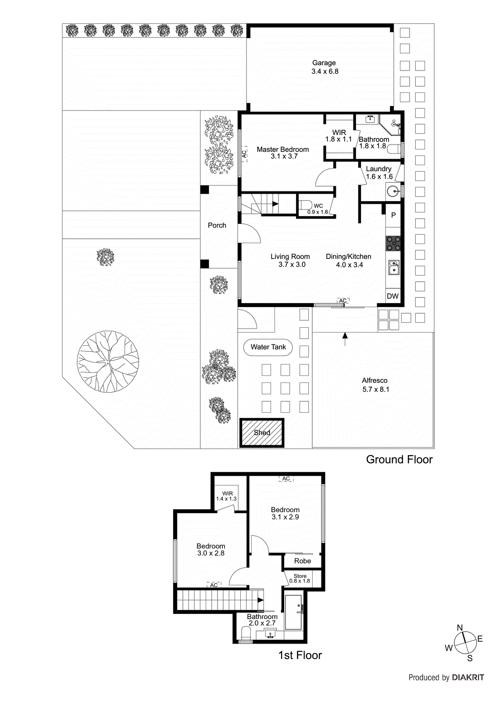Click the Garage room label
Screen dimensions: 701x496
[324, 63]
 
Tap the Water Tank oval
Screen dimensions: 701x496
[268, 347]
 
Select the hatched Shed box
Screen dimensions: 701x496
[262, 432]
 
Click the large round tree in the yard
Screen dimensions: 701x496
[108, 361]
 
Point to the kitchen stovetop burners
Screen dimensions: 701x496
[393, 243]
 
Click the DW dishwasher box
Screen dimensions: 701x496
[393, 296]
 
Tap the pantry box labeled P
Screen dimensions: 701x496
[393, 215]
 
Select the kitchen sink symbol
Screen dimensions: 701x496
[393, 268]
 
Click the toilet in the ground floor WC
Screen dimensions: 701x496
[305, 205]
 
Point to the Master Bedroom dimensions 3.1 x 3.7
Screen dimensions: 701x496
[284, 156]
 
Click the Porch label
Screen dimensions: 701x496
[217, 225]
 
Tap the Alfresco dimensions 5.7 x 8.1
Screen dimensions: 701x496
[375, 389]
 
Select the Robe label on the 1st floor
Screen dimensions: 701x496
[303, 561]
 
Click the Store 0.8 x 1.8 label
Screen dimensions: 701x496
[300, 578]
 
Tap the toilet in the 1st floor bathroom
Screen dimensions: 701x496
[246, 633]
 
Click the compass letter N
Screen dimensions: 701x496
[460, 627]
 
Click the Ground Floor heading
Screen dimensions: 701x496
[399, 460]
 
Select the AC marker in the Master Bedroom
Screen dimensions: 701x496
[244, 154]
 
